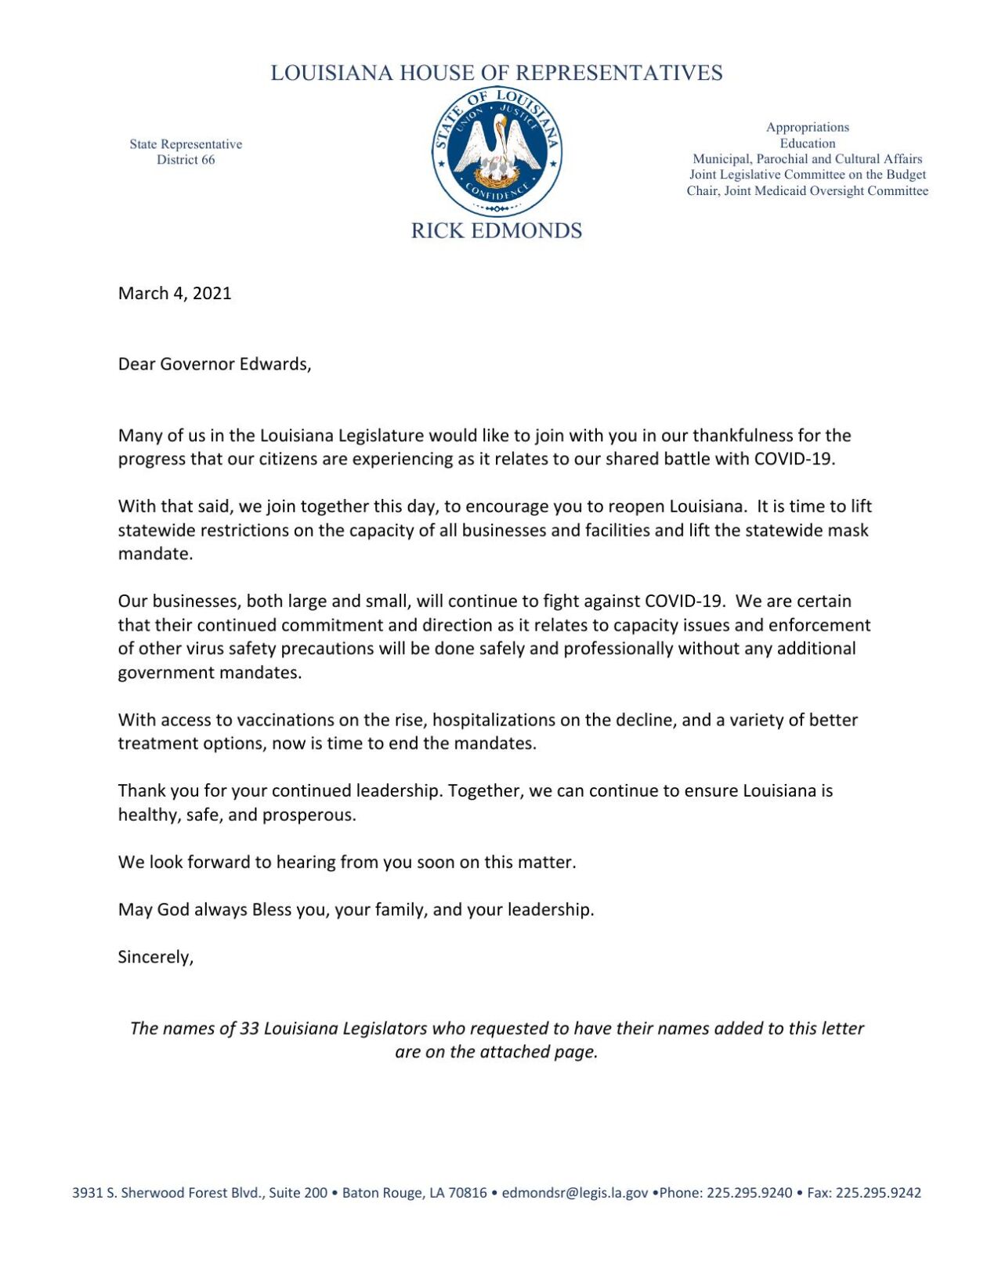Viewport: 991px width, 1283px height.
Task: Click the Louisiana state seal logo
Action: tap(496, 152)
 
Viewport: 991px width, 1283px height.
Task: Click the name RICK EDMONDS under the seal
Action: tap(496, 231)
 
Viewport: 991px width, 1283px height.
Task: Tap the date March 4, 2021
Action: tap(175, 294)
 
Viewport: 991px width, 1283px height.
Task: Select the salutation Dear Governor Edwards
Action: tap(214, 364)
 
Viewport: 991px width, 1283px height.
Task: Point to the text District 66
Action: tap(186, 160)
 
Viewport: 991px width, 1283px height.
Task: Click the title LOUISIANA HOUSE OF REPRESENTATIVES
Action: tap(496, 73)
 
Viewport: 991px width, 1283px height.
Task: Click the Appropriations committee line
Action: tap(807, 127)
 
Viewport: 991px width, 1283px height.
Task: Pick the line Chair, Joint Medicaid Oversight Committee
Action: tap(807, 191)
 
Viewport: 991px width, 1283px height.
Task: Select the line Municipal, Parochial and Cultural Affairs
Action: tap(807, 159)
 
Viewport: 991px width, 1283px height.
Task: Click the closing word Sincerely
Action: tap(155, 957)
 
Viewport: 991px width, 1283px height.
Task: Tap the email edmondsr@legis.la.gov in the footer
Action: tap(574, 1193)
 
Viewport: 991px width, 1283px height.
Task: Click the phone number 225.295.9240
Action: tap(749, 1193)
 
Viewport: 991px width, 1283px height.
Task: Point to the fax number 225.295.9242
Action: tap(878, 1193)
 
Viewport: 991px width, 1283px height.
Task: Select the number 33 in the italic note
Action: tap(249, 1028)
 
